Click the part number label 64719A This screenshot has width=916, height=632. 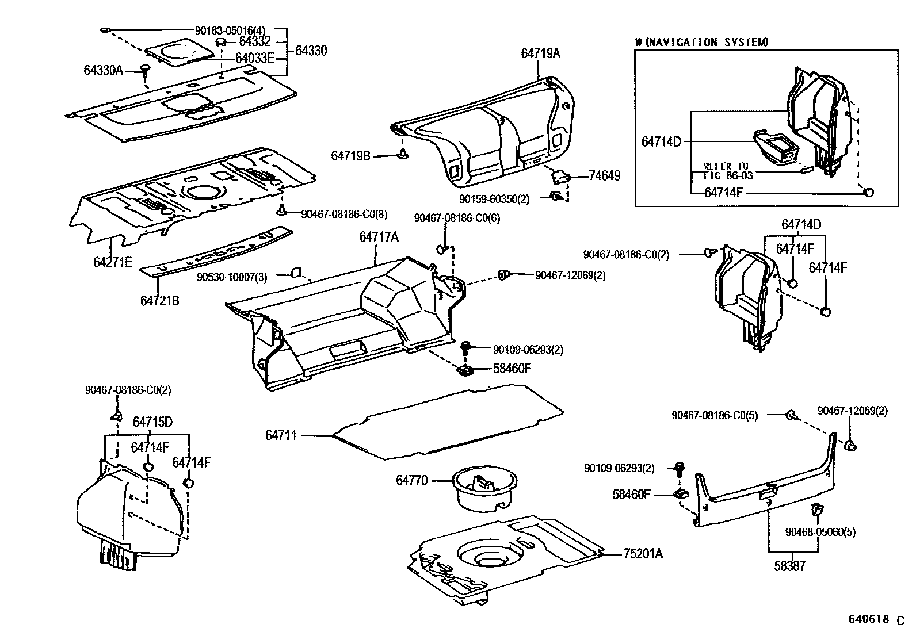coord(540,53)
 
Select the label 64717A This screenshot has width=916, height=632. coord(379,236)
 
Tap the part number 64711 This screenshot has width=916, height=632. coord(281,435)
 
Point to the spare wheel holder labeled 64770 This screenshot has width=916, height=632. coord(484,488)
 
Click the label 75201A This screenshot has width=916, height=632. coord(643,554)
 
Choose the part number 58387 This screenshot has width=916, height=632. coord(789,566)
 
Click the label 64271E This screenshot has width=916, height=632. coord(113,262)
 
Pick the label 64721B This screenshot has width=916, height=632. coord(159,300)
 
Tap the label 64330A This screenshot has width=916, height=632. coord(104,70)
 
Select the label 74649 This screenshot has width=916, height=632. coord(604,176)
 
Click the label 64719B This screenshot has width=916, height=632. coord(350,155)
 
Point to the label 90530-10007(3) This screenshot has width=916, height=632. coord(232,277)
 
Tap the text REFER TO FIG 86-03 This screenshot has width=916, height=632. coord(727,170)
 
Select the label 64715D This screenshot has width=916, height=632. coord(152,422)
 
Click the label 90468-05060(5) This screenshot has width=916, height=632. coord(820,532)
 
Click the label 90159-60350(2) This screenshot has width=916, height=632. coord(494,198)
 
